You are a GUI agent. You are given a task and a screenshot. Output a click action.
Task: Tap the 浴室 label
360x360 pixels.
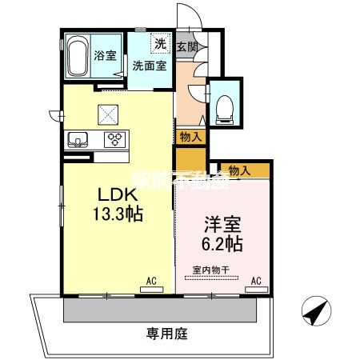(x=105, y=57)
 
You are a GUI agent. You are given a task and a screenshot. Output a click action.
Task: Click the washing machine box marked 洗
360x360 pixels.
(x=159, y=44)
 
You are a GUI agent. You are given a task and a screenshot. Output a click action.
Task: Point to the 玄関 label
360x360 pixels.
(x=187, y=46)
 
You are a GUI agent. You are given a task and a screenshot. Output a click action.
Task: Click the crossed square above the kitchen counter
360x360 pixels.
(x=107, y=113)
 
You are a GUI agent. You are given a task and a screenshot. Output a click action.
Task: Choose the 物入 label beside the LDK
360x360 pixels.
(x=190, y=137)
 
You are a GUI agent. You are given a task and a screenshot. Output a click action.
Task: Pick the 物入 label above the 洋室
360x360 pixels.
(x=238, y=170)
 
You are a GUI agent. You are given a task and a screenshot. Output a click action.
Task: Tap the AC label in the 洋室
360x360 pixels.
(x=257, y=282)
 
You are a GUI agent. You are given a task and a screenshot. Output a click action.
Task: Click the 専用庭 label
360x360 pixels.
(x=160, y=331)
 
